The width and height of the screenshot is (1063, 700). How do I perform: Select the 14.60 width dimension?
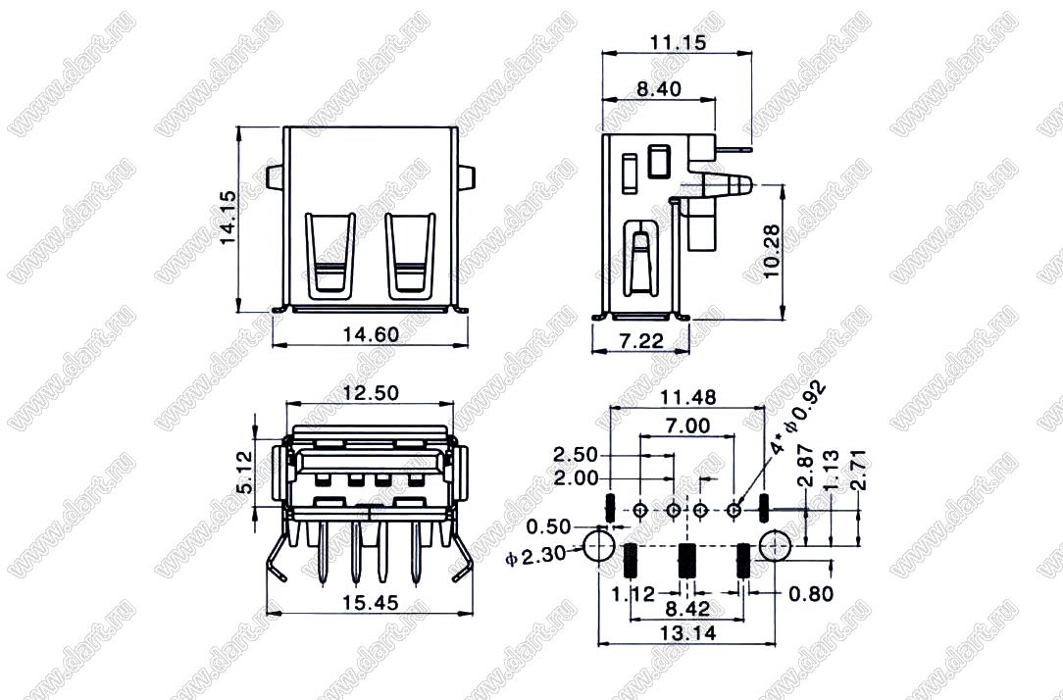coord(371,334)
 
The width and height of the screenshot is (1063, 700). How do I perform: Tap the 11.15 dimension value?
coord(678,42)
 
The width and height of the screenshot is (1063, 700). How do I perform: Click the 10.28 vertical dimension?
coord(772,251)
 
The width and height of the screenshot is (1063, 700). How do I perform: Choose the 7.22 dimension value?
coord(641,340)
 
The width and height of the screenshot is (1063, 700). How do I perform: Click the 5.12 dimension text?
coord(245,473)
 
